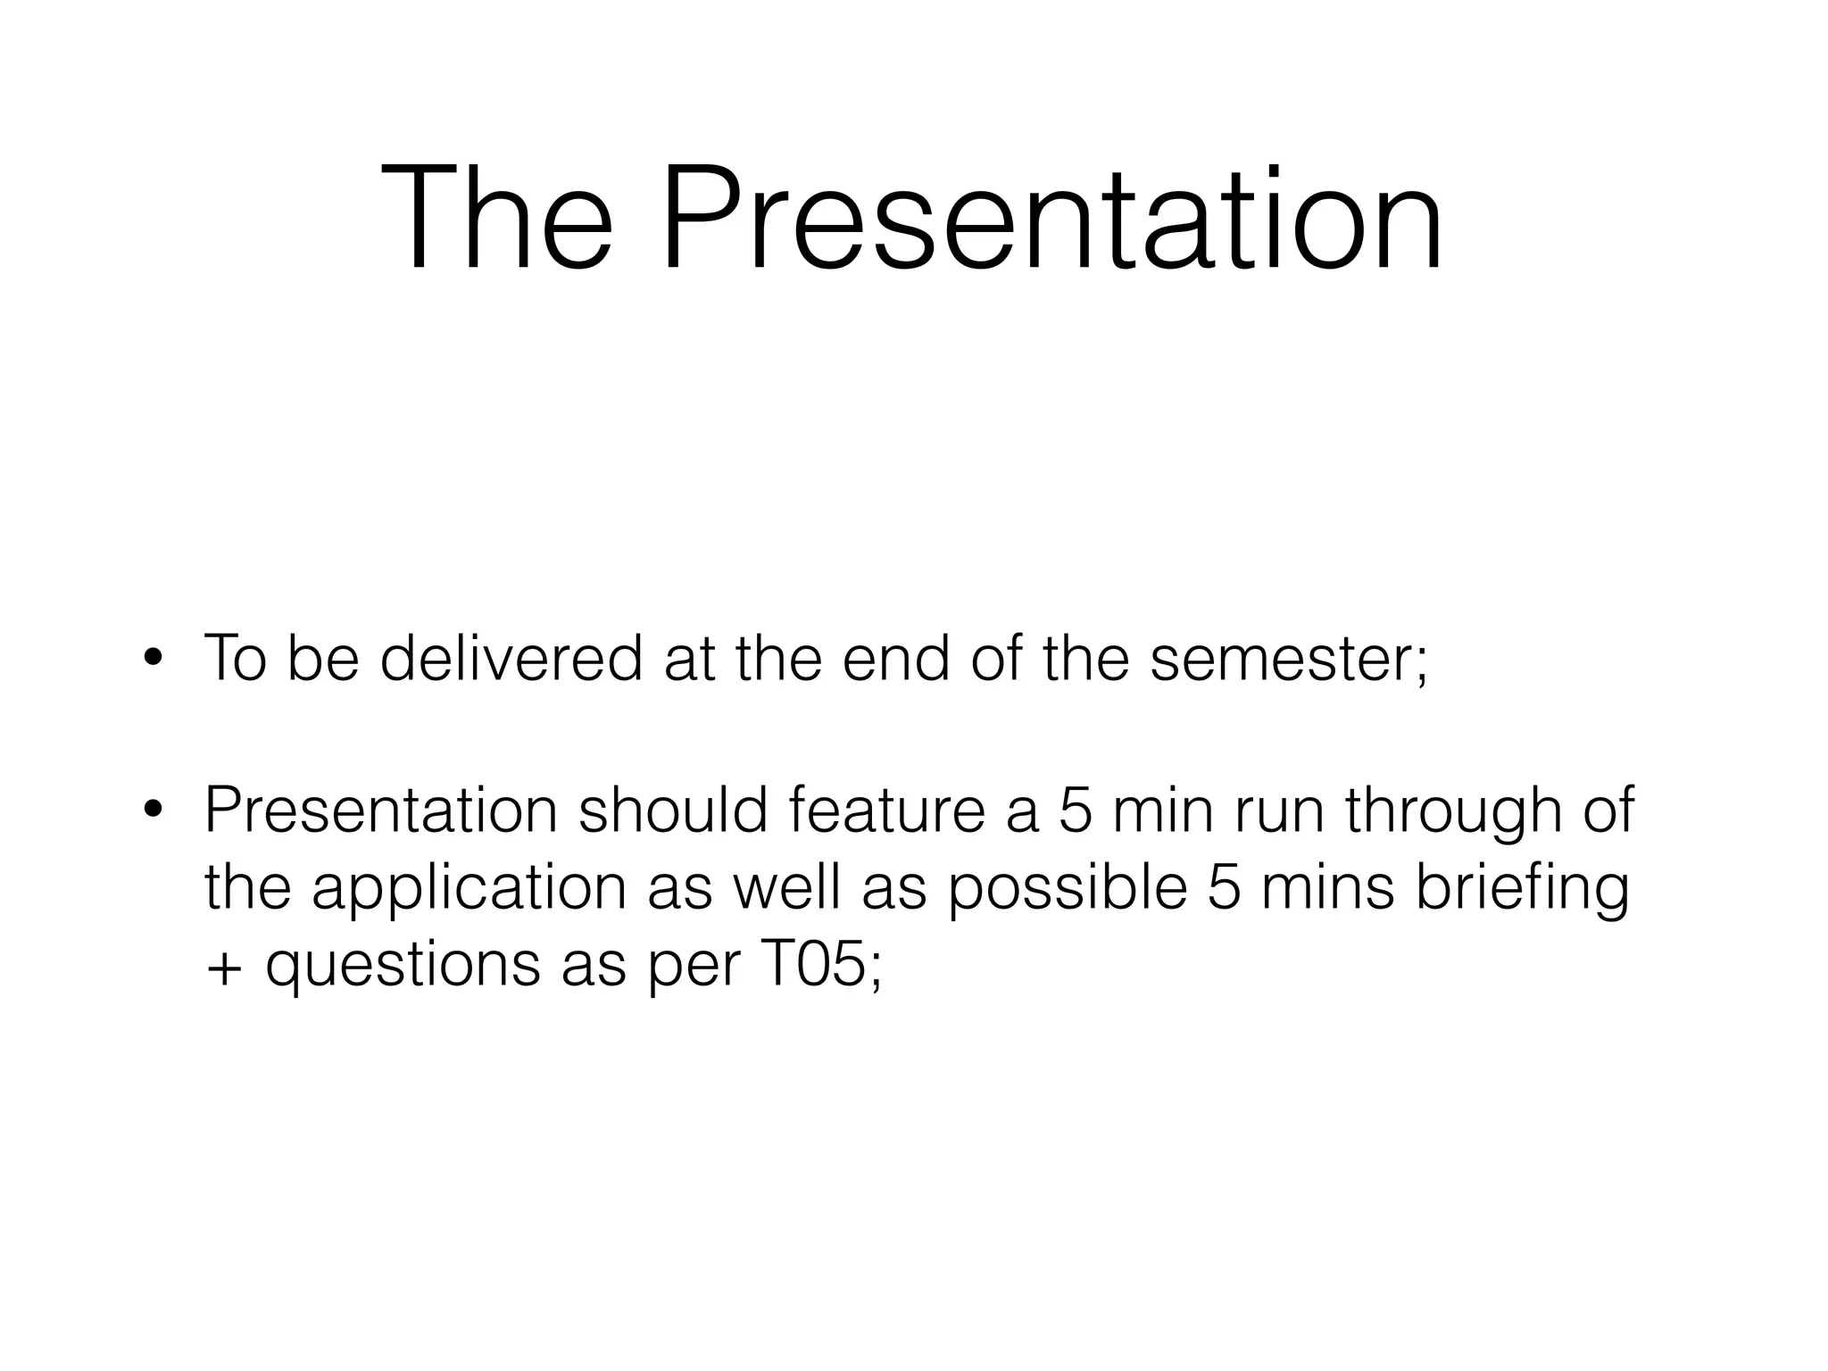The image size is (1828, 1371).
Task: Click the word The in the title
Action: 496,219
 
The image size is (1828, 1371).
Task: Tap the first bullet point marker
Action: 153,660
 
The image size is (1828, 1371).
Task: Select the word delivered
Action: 511,658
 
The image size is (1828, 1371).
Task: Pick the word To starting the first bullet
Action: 235,658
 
